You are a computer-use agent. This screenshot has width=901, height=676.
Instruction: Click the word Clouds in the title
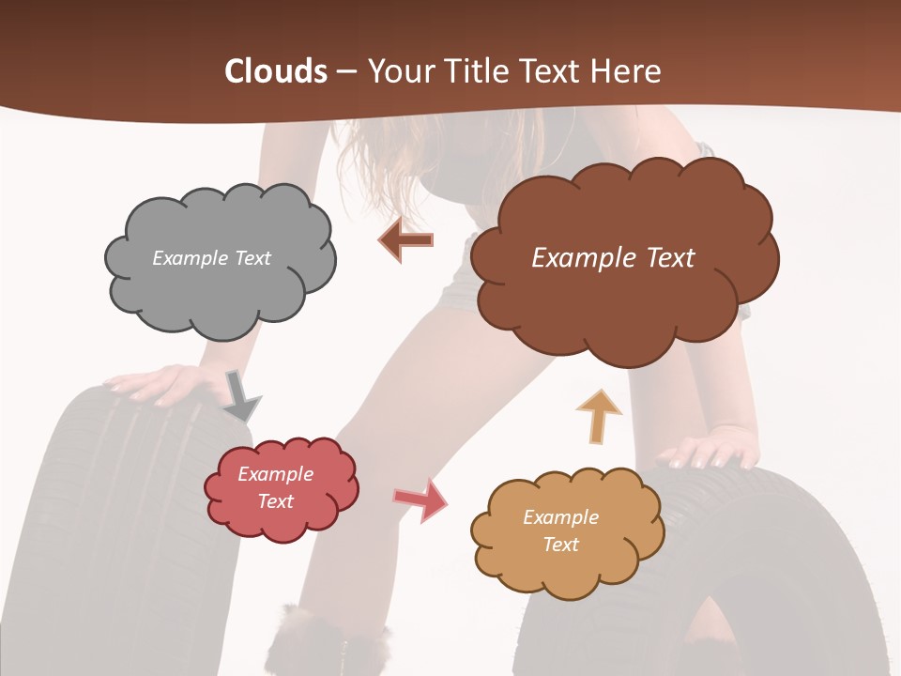(x=276, y=71)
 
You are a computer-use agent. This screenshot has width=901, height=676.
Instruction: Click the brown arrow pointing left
(x=405, y=240)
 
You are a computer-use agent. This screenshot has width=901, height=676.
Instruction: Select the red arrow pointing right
(x=420, y=499)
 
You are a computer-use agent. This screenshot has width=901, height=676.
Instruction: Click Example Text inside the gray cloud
(x=211, y=258)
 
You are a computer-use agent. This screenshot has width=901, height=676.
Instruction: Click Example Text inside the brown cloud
(x=613, y=258)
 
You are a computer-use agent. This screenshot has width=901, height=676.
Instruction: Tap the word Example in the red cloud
(x=275, y=474)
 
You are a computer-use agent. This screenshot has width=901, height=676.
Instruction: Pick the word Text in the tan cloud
(x=561, y=545)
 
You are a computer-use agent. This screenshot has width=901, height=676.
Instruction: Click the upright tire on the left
(x=103, y=526)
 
